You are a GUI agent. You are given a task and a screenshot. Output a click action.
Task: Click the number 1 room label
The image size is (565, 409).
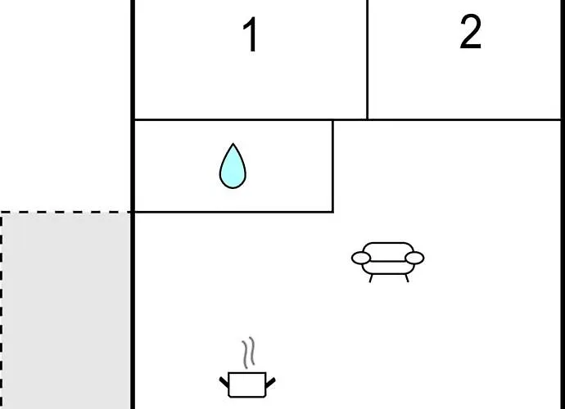(251, 37)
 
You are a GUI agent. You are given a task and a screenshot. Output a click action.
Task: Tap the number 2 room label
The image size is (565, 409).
(470, 33)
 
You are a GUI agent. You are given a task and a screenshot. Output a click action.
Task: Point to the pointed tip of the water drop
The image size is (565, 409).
(233, 146)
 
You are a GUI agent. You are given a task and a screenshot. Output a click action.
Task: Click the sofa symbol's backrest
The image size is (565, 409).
(388, 249)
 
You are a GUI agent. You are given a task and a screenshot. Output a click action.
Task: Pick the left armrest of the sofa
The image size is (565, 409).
(361, 258)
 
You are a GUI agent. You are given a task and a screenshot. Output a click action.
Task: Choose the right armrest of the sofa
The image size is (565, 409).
(415, 258)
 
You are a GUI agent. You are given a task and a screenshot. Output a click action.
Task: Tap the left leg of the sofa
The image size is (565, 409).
(371, 277)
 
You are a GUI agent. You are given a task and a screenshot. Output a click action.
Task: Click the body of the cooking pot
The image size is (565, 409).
(246, 384)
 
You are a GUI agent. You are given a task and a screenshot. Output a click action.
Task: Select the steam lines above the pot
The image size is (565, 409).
(248, 353)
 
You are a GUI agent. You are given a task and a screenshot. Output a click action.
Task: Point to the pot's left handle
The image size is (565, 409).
(224, 380)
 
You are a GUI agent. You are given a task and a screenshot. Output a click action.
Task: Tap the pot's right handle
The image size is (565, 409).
(269, 380)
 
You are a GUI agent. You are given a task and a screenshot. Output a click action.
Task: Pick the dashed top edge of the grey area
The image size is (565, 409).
(66, 213)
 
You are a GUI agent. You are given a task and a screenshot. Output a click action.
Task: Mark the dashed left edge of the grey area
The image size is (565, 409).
(2, 311)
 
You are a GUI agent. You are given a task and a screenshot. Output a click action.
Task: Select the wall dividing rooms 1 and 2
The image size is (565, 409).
(367, 59)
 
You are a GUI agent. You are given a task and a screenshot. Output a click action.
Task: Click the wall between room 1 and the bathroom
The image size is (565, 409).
(233, 120)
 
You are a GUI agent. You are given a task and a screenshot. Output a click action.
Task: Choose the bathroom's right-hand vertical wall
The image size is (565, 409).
(332, 166)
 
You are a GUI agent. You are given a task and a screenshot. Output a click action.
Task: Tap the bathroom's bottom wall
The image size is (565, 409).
(233, 212)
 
